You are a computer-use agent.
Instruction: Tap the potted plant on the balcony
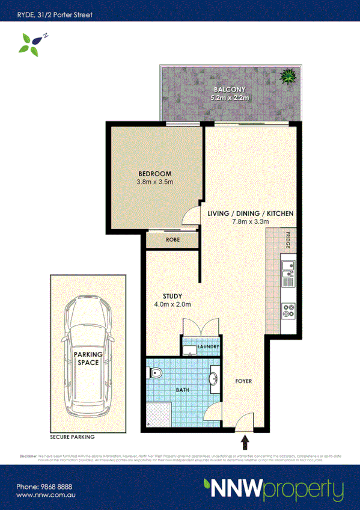[288, 76]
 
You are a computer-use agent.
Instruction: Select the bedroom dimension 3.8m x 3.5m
[155, 182]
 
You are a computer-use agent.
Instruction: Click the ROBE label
[172, 239]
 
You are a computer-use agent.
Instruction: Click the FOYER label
[243, 381]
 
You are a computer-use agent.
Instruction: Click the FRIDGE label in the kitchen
[288, 241]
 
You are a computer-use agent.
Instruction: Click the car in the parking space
[88, 355]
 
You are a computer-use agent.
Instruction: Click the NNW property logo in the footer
[273, 490]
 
